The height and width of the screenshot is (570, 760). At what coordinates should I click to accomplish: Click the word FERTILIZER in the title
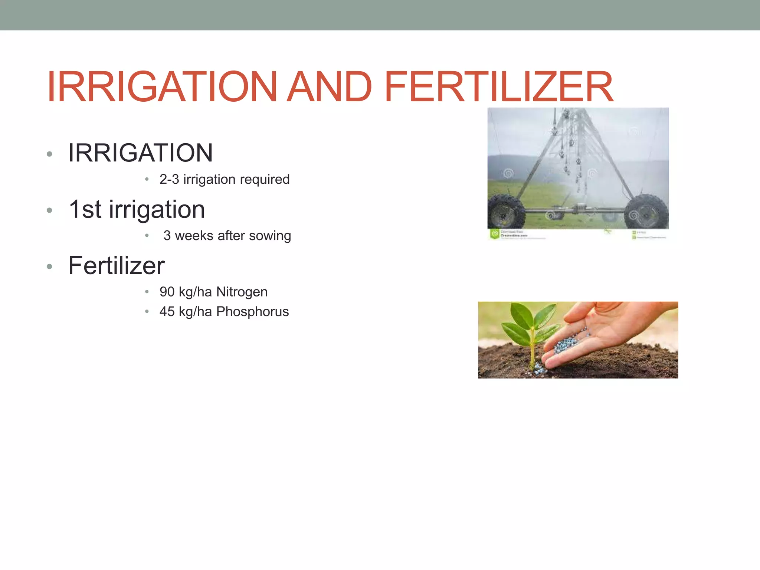point(499,87)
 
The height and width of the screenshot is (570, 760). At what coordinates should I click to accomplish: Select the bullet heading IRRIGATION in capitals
point(140,153)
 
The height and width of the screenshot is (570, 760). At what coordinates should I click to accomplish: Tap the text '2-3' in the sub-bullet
point(169,179)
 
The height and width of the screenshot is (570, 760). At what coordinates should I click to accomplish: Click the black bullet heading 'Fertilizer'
point(116,266)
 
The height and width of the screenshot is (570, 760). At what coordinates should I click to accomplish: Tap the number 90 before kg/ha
point(167,292)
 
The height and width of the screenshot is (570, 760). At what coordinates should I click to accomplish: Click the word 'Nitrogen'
point(242,292)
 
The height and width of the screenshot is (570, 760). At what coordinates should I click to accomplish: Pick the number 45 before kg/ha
point(167,312)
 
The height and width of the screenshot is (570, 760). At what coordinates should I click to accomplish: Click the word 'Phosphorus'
point(252,312)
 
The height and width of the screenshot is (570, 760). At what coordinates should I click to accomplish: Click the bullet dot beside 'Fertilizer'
point(50,266)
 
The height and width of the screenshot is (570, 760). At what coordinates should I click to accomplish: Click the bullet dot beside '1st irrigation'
point(50,210)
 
